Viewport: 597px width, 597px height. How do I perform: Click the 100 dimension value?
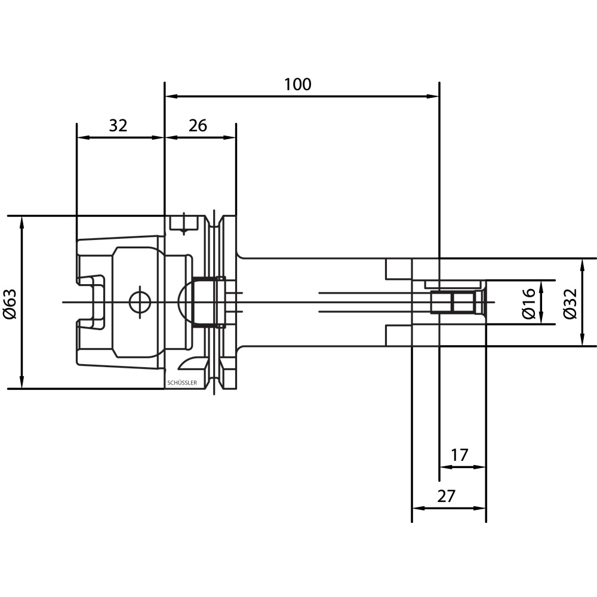pos(298,84)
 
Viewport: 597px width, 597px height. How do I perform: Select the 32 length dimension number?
pos(118,125)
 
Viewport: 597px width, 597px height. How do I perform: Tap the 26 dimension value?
pos(198,125)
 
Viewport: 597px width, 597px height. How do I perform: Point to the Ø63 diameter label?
pos(10,303)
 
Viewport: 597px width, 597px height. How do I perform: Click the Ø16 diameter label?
pos(529,303)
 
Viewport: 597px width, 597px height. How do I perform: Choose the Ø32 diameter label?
pos(570,303)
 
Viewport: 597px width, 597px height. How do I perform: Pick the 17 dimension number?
pos(459,455)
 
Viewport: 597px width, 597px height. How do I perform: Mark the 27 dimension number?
pos(446,496)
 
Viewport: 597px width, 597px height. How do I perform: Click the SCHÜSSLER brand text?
pos(182,383)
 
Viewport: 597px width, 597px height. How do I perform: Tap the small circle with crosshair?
pos(140,303)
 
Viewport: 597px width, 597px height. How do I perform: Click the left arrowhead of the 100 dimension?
pos(172,96)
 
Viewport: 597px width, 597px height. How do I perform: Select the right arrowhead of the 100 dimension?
pos(432,96)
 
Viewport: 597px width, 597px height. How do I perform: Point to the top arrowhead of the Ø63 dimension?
pos(21,223)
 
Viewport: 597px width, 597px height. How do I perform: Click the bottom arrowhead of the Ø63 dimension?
pos(21,382)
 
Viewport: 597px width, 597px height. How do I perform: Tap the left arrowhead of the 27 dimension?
pos(419,508)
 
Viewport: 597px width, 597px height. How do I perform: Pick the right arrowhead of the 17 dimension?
pos(479,467)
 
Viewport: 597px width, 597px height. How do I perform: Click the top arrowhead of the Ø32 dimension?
pos(582,266)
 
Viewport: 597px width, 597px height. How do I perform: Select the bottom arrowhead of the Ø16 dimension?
pos(541,318)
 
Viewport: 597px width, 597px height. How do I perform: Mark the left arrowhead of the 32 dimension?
pos(84,137)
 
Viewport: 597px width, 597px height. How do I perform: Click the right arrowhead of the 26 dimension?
pos(229,137)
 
